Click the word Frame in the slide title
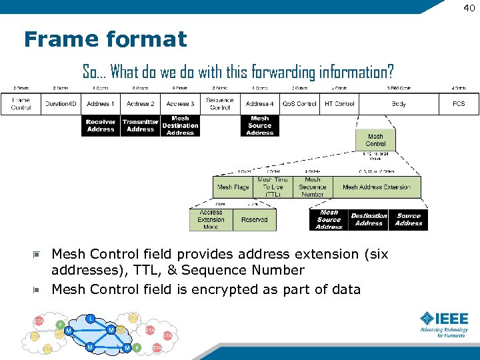click(56, 39)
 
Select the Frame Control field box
click(21, 104)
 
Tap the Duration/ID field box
click(61, 104)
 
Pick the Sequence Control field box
click(220, 104)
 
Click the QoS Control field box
click(299, 104)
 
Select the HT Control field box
click(339, 104)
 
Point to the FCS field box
click(459, 104)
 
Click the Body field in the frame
click(399, 104)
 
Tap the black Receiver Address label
click(101, 126)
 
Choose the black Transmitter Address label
click(141, 126)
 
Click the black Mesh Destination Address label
click(180, 126)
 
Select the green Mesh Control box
click(375, 140)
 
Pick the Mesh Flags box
click(233, 187)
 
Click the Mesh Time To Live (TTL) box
click(273, 187)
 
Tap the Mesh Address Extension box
click(377, 187)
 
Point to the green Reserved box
click(254, 220)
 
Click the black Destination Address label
click(369, 220)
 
